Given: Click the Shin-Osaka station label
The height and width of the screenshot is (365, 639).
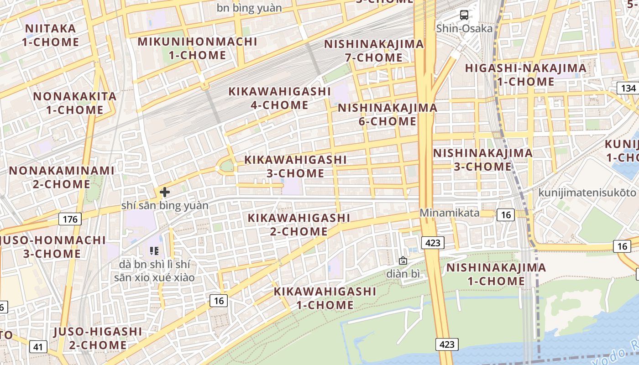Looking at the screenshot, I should pos(464,28).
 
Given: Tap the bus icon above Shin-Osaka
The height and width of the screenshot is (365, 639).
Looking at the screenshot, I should pos(464,15).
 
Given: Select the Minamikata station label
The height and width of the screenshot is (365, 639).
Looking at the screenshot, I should pos(450,213).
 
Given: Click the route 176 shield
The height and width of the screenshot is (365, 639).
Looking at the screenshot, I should pos(70,219).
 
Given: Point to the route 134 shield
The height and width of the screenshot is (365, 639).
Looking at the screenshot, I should pos(628,88).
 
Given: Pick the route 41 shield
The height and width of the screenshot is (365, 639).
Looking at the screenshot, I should pos(38,347).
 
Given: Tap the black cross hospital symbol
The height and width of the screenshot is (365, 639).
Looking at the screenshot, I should pos(165,192).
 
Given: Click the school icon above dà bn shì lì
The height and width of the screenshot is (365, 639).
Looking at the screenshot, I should pos(154,250).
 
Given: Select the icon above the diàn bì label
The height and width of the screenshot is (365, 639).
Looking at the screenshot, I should pos(403,261).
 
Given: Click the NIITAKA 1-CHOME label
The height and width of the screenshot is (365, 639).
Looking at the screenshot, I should pos(51,35).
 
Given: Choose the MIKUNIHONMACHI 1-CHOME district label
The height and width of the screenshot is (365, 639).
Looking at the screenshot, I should pos(198,48).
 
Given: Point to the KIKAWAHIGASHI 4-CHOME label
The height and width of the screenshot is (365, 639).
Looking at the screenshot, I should pos(279,98).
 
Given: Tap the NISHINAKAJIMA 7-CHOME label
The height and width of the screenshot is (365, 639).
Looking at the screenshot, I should pos(374,51).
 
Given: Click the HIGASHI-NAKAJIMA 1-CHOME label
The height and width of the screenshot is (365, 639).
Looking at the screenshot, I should pos(525,75).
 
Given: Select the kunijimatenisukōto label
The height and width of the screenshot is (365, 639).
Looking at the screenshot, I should pos(587,193).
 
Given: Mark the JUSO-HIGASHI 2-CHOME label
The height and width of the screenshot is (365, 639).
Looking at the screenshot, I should pos(98,338).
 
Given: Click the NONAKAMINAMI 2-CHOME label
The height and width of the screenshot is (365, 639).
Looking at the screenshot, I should pos(62,177).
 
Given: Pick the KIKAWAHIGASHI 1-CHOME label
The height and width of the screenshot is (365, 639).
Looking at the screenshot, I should pos(325,298).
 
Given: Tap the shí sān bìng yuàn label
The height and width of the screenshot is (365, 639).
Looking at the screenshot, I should pos(165,205).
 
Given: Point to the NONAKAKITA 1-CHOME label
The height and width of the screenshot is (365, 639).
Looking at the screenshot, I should pos(75,103).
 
